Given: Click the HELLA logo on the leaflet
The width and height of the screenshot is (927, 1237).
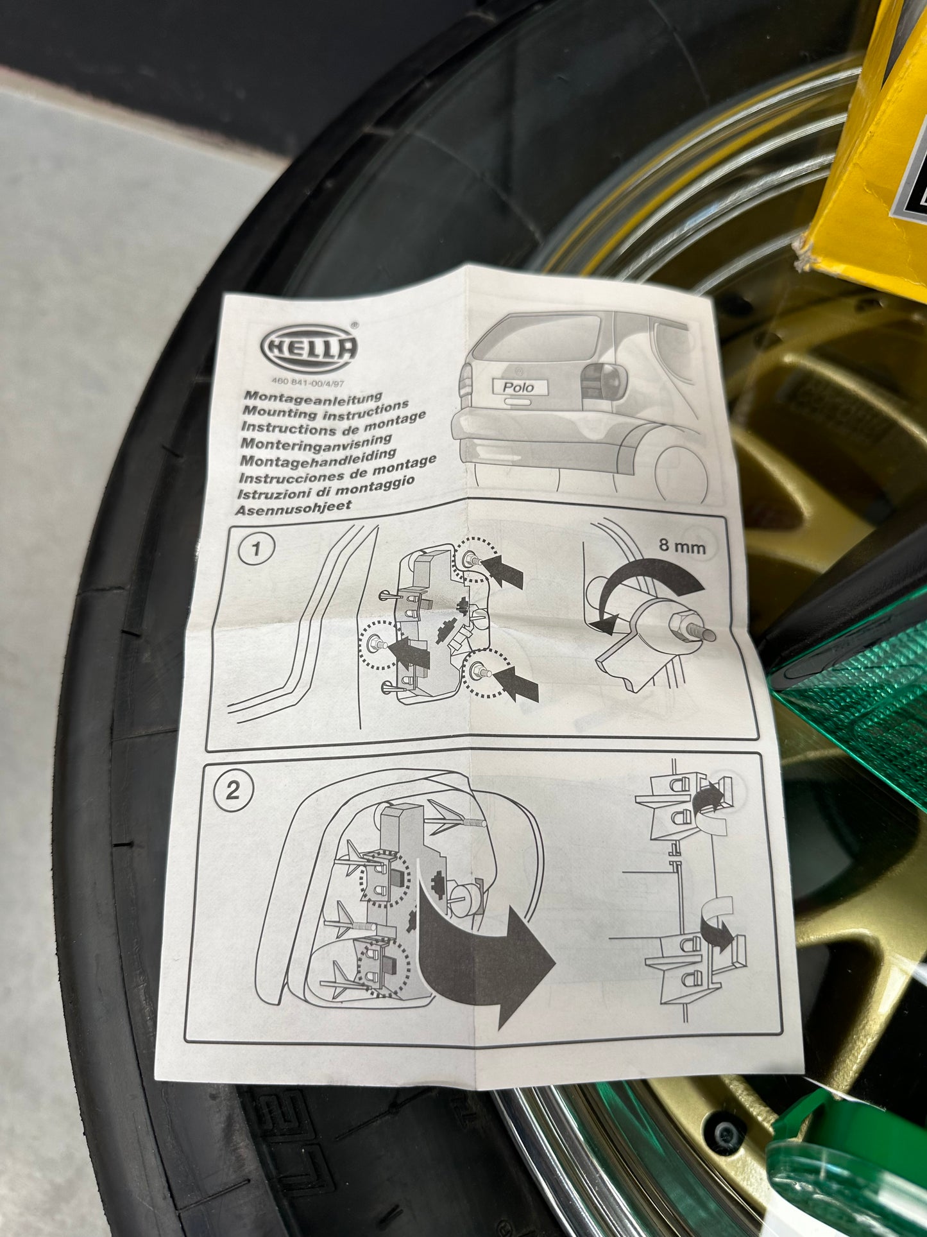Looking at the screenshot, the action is pos(309,349).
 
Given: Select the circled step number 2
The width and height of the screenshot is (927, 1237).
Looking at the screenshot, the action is pos(232,790).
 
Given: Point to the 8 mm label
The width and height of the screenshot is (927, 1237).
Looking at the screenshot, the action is pos(681,546).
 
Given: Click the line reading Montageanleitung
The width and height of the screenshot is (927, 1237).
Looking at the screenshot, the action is pos(313,399).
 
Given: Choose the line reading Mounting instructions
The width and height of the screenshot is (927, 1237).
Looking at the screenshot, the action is pos(326,411).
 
